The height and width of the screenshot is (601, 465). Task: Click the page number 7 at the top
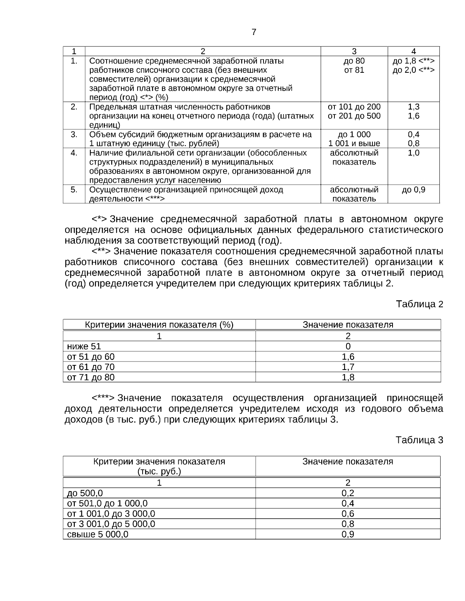tap(254, 32)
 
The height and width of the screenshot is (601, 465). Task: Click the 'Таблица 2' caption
tap(419, 304)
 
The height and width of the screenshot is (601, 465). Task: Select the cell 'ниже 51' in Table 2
tap(84, 346)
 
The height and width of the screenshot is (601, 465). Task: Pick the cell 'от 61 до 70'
tap(91, 367)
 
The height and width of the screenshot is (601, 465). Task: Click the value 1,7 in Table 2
tap(348, 367)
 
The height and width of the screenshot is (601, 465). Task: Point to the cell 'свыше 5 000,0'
tap(98, 534)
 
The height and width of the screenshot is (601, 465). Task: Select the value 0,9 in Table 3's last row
tap(348, 534)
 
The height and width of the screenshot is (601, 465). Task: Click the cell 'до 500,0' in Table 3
tap(85, 493)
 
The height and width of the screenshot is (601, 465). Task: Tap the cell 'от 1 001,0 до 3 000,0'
tap(111, 514)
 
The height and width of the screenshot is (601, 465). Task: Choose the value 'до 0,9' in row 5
tap(413, 190)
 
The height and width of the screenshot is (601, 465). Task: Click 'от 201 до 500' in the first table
tap(354, 116)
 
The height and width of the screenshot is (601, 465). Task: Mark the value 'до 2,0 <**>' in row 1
tap(413, 70)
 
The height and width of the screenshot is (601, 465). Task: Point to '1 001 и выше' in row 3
tap(354, 144)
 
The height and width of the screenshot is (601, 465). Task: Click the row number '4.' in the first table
tap(74, 153)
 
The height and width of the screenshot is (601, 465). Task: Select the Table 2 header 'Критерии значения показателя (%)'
tap(159, 325)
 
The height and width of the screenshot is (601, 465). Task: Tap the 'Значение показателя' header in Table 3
tap(348, 461)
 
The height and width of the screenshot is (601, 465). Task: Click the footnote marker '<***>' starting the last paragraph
tap(103, 398)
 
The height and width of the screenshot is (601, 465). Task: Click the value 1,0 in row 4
tap(413, 153)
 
